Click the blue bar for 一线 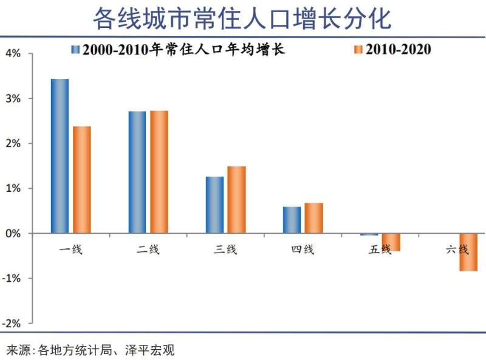coord(60,156)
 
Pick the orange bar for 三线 coord(237,200)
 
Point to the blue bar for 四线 coord(292,220)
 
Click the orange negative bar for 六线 coord(468,252)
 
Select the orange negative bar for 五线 coord(391,242)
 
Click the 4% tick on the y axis coord(13,53)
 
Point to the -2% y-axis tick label coord(12,323)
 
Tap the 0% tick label coord(13,233)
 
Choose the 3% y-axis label coord(13,98)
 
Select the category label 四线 coord(302,249)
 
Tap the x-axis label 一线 coord(70,249)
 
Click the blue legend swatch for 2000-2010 coord(75,49)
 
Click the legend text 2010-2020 coord(398,49)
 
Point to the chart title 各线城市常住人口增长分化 coord(242,19)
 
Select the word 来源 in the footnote coord(18,350)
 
